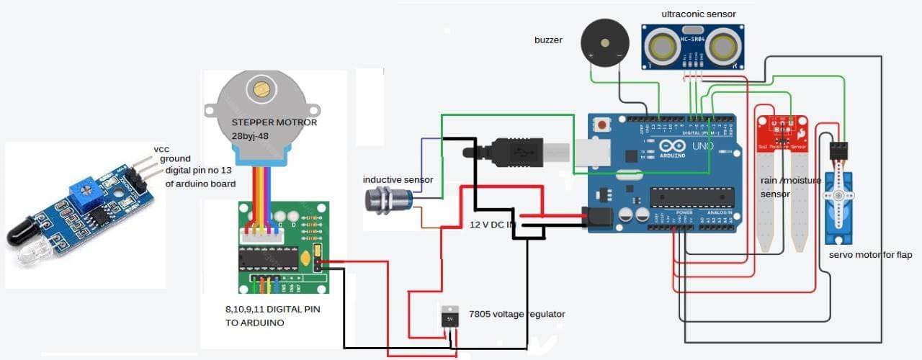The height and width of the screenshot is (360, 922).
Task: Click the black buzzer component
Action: tap(603, 42)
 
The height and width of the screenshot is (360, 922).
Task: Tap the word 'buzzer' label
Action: tap(548, 40)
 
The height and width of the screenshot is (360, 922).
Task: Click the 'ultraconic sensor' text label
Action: tap(699, 14)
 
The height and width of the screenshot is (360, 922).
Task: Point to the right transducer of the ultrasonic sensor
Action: tap(724, 47)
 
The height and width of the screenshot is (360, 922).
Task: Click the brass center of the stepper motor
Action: tap(260, 89)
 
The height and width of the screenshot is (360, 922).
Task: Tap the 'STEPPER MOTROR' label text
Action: tap(274, 122)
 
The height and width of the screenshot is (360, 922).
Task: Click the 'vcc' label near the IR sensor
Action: tap(161, 149)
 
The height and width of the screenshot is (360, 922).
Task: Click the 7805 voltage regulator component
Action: tap(449, 318)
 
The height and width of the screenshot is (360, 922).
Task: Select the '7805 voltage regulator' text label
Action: tap(516, 314)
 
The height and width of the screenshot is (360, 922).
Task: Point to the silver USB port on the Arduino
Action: tap(591, 153)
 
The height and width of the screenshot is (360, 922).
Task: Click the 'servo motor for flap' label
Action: tap(870, 255)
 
